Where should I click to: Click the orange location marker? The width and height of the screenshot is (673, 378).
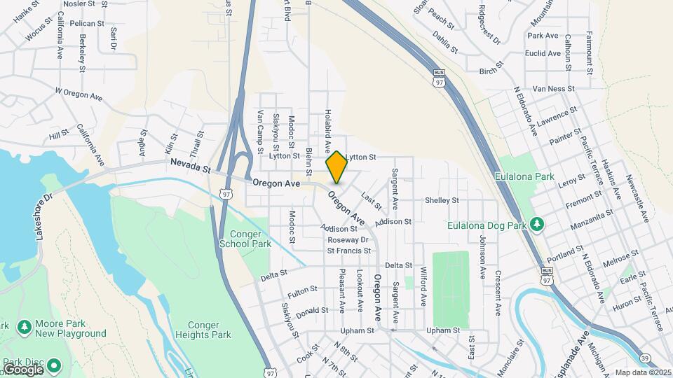point(336,167)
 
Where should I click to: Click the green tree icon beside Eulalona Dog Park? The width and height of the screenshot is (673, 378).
point(538,224)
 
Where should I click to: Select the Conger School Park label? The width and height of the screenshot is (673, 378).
point(245,239)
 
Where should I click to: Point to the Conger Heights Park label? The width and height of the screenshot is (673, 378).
point(210,330)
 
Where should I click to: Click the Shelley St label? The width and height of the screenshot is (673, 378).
point(442,200)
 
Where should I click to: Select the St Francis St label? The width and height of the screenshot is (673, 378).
point(348,251)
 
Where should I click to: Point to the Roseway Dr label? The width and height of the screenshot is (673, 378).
point(348,240)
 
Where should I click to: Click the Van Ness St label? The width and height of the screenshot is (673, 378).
point(553,89)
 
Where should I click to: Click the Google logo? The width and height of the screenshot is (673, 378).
point(22,369)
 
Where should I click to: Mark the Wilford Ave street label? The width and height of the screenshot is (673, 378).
point(423,286)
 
